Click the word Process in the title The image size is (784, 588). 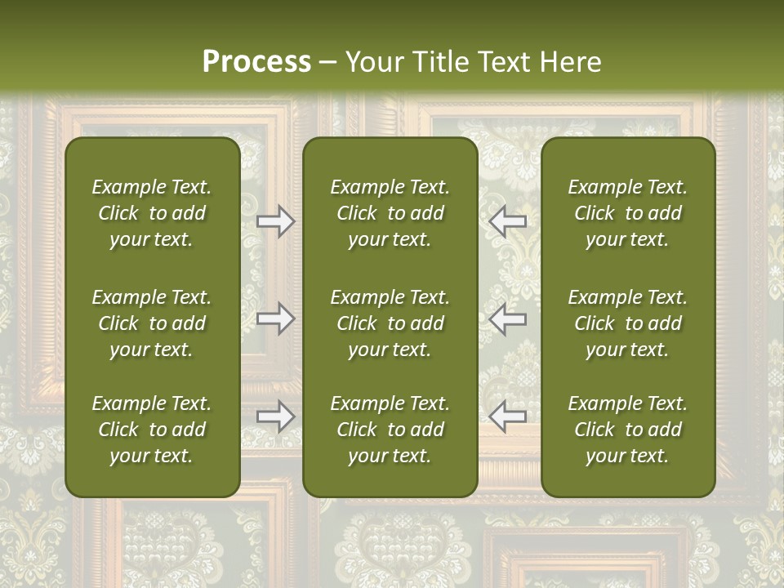pos(256,62)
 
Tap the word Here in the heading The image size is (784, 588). pos(570,62)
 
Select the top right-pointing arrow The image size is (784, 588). pos(275,220)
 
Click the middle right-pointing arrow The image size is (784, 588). pos(275,318)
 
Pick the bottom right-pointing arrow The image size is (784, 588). pos(275,416)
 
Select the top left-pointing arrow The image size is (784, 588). pos(508,220)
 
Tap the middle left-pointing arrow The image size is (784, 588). pos(508,318)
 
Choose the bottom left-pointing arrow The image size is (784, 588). pos(508,416)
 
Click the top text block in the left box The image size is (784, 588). pos(152,213)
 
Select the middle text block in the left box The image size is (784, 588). pos(152,323)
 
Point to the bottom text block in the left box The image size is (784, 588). pos(152,430)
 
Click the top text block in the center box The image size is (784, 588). pos(390,213)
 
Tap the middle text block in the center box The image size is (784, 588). pos(390,323)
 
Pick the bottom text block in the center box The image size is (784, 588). pos(390,430)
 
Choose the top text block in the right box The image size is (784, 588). pos(627,213)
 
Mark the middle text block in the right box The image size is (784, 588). pos(627,323)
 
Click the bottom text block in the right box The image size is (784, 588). pos(627,430)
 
